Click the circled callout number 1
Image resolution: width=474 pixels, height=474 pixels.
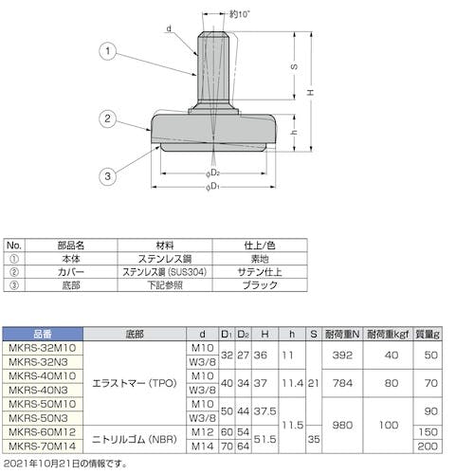(x=108, y=51)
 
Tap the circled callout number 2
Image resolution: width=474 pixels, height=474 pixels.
(x=108, y=118)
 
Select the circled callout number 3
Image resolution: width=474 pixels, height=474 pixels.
(x=108, y=176)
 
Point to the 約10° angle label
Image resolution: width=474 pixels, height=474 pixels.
(x=240, y=14)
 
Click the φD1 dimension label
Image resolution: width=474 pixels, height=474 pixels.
(x=212, y=187)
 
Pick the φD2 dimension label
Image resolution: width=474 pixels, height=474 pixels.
(x=212, y=173)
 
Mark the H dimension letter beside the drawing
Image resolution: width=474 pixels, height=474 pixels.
(x=311, y=92)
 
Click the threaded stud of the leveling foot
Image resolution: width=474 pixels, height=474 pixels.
(x=213, y=69)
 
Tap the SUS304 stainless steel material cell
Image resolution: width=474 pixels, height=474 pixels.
(x=165, y=272)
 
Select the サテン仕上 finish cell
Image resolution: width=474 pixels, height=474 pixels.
(x=260, y=272)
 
